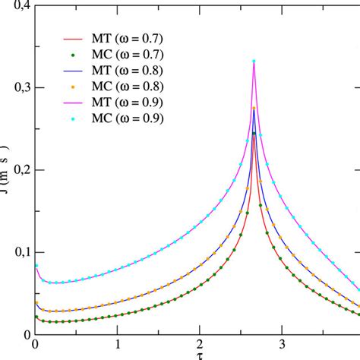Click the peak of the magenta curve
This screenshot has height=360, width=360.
point(254,61)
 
